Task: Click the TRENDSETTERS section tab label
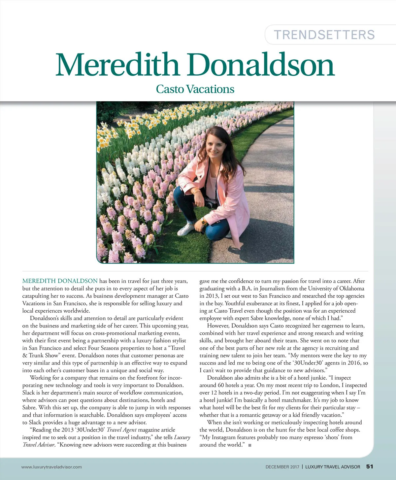click(x=324, y=35)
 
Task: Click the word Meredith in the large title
click(x=117, y=65)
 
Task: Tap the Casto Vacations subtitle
click(x=195, y=89)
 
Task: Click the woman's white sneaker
click(x=185, y=228)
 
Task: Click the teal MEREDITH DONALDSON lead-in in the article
click(x=60, y=281)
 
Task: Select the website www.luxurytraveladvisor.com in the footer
click(x=51, y=467)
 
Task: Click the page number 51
click(x=370, y=466)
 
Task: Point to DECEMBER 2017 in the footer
click(x=282, y=467)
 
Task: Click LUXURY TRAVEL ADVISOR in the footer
click(x=333, y=467)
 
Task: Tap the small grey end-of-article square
click(x=250, y=445)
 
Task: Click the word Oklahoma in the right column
click(x=351, y=289)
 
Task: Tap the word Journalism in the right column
click(x=272, y=289)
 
